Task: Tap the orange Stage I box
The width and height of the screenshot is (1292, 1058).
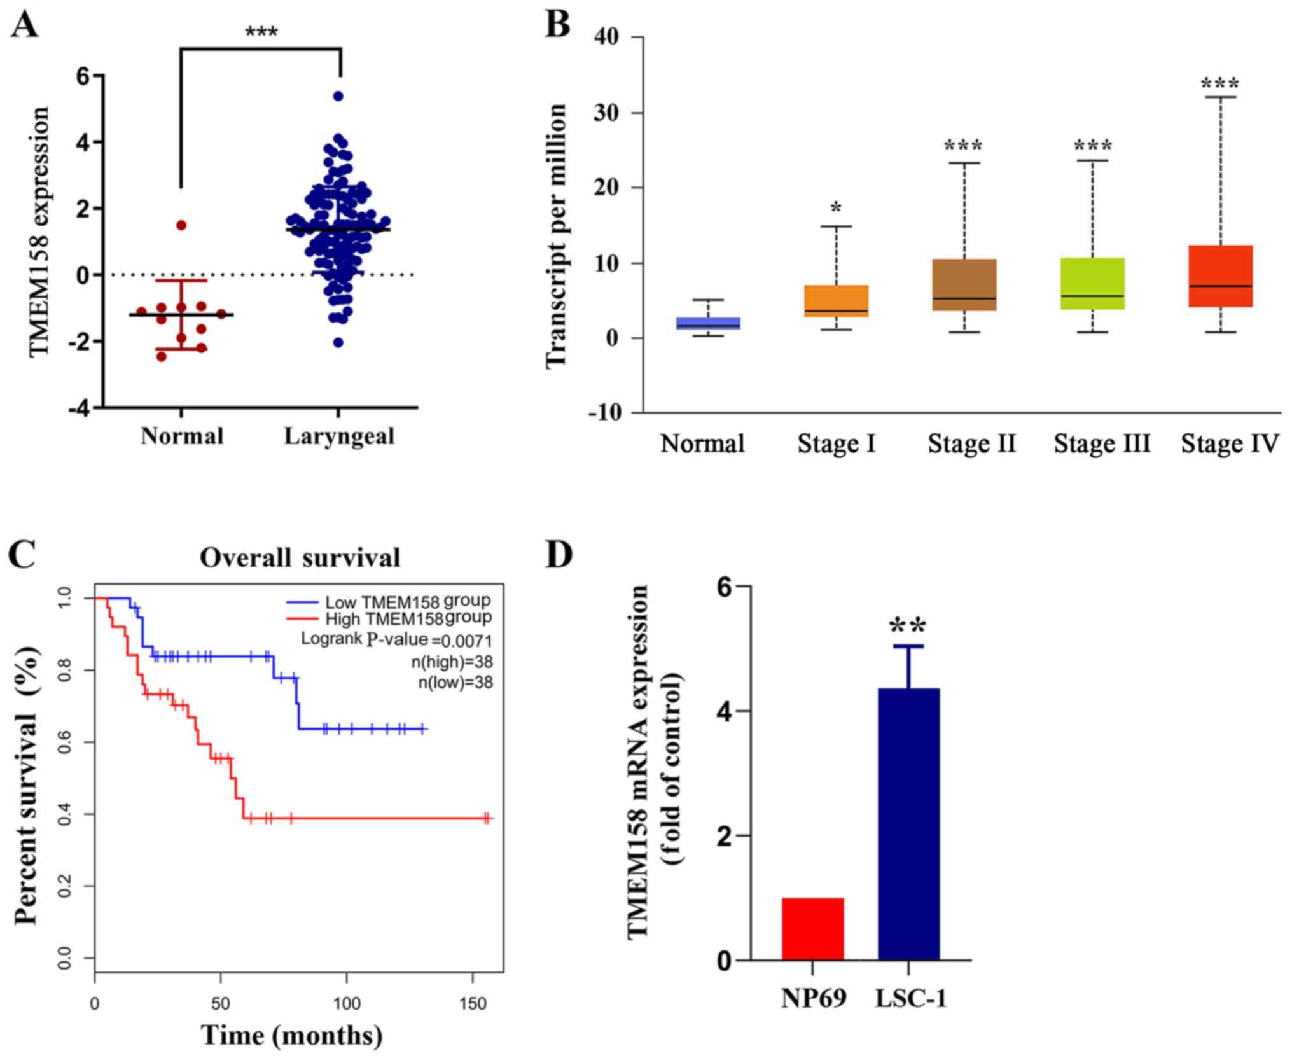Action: click(836, 301)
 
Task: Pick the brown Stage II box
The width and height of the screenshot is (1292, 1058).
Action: click(964, 284)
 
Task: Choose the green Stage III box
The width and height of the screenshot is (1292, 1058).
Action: click(1092, 284)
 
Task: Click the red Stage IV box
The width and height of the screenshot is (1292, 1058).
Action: click(1220, 276)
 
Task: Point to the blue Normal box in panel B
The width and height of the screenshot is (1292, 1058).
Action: click(708, 323)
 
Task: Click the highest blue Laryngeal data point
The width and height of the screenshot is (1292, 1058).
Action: click(338, 96)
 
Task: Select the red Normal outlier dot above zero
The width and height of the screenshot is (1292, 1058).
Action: click(181, 225)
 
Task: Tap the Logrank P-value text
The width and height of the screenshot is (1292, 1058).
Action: click(396, 639)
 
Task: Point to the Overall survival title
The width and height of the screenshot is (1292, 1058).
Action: click(300, 558)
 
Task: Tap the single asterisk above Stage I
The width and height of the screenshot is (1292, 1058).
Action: click(836, 208)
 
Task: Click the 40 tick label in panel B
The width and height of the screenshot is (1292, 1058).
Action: click(606, 37)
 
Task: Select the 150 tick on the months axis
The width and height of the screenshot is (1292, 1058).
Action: click(473, 1003)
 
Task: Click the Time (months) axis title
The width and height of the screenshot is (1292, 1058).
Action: click(292, 1035)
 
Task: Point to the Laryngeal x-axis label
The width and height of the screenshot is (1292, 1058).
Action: click(339, 436)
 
